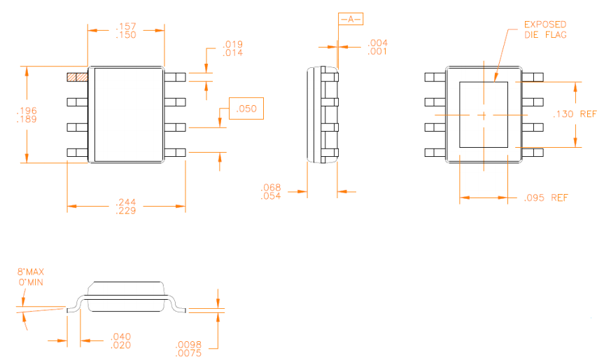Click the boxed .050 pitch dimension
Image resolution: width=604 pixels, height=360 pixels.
[246, 109]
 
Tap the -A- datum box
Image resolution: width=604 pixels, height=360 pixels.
[351, 19]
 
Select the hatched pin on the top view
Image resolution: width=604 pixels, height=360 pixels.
[77, 77]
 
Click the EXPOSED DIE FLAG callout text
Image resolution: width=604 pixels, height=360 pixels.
[545, 29]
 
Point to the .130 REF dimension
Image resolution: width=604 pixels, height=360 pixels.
[575, 114]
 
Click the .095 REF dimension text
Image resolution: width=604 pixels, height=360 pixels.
[546, 198]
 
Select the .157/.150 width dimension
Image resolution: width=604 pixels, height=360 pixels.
[126, 30]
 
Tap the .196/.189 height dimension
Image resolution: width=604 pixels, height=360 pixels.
[27, 115]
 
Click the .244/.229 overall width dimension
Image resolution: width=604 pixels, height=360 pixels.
[126, 206]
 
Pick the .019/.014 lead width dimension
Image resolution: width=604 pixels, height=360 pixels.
[232, 48]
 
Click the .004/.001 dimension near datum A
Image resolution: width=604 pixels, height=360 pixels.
[377, 47]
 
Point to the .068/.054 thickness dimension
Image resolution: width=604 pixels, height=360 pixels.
[271, 192]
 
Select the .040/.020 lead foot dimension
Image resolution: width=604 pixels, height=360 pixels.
[120, 340]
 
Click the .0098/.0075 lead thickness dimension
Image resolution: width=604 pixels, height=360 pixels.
[188, 349]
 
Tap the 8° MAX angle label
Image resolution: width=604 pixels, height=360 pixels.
[31, 272]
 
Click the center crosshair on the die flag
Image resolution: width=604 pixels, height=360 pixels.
[484, 115]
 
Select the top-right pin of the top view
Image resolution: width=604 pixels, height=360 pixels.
[175, 77]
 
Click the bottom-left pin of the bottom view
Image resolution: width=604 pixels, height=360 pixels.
[435, 152]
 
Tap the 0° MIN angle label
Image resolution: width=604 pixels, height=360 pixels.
[31, 282]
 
